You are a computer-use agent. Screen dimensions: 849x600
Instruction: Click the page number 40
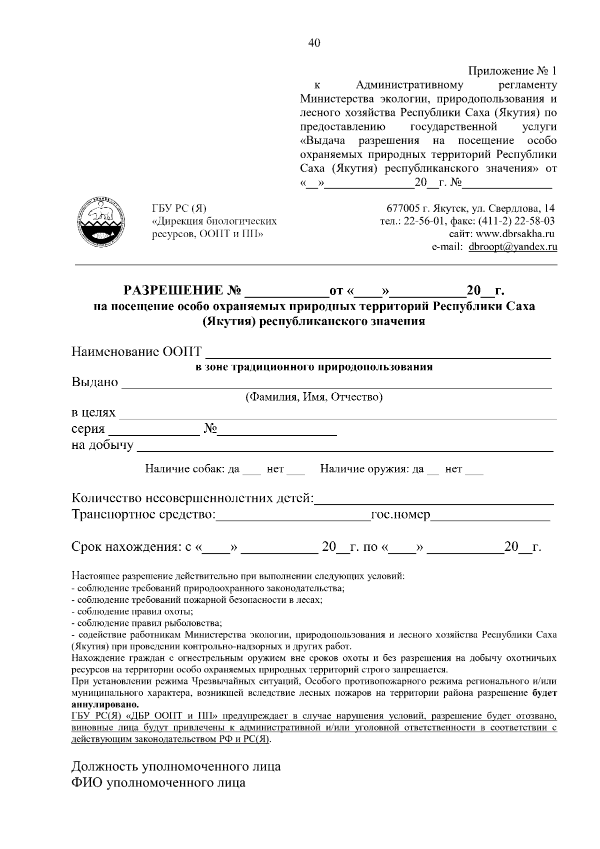click(314, 43)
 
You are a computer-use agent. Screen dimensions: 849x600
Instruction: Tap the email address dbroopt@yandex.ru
click(512, 247)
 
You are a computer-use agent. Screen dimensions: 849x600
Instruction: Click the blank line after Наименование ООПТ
click(378, 355)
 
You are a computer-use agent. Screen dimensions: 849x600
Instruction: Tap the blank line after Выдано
click(336, 385)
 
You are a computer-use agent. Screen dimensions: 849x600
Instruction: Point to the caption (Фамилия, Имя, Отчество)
click(313, 397)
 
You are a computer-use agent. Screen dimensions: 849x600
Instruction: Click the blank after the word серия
click(153, 432)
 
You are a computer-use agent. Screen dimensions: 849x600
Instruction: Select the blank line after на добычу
click(345, 448)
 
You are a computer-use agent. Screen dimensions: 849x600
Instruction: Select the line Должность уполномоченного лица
click(176, 766)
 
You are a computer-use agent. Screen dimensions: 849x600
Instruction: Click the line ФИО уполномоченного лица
click(158, 782)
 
